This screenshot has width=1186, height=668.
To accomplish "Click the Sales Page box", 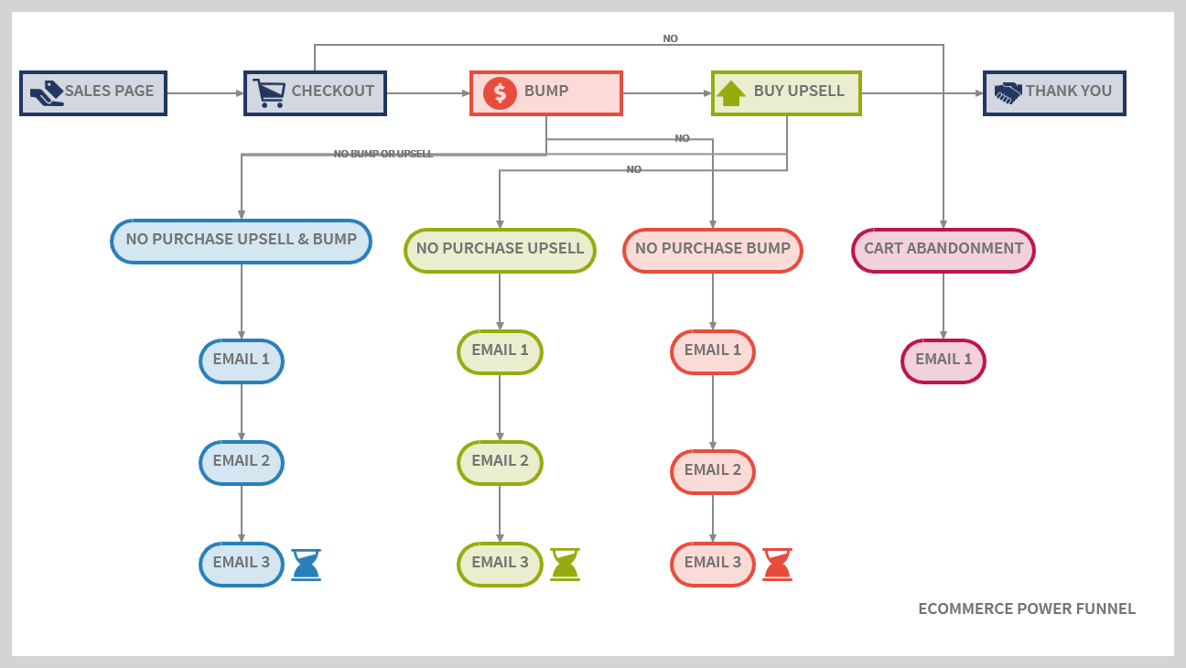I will [x=93, y=92].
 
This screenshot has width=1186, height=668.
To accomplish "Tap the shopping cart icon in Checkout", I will [x=269, y=92].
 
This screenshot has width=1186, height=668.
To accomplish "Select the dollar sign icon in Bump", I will [x=500, y=92].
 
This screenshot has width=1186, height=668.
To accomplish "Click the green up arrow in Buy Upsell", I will [x=730, y=92].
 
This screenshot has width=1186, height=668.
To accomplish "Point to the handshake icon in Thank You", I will [x=1008, y=92].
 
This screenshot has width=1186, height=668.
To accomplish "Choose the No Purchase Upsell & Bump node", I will [x=241, y=241].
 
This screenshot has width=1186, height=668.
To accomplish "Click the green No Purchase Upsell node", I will [x=500, y=250].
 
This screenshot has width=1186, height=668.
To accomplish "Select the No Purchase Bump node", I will [x=713, y=250].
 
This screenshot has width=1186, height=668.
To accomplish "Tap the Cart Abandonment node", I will [x=943, y=250].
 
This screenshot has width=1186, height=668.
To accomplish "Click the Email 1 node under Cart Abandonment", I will [x=943, y=361].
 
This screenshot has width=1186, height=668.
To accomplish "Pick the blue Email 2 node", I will [x=242, y=462].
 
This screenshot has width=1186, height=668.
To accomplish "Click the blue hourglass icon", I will [x=307, y=565].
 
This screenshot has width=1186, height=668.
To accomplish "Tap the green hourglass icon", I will [x=565, y=565].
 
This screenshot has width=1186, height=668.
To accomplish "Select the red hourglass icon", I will [x=777, y=565].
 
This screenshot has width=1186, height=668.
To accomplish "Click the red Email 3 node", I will [x=713, y=564].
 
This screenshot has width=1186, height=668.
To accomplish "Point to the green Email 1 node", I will [x=500, y=351].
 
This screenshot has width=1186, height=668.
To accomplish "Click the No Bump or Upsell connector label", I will [x=383, y=154].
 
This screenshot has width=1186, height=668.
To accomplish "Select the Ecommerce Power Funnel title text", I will [x=1027, y=609].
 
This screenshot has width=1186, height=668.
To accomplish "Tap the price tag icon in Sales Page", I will [x=46, y=92].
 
